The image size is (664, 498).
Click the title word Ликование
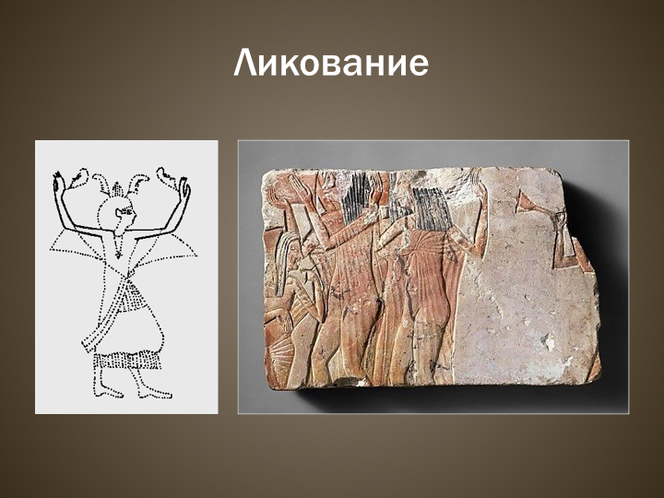coord(331,63)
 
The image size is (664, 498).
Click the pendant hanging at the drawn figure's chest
coord(118,255)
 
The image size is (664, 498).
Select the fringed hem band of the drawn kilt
coord(128,361)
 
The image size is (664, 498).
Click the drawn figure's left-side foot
coord(107,392)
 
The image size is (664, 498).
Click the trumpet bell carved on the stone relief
coord(524,202)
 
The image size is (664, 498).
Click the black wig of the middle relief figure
coord(357,198)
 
